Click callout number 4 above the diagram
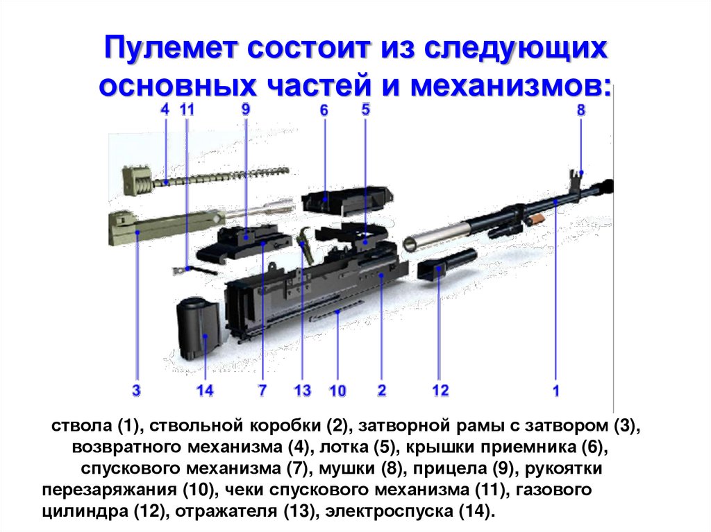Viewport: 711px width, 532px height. coord(165,109)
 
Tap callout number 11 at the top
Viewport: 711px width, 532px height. coord(187,109)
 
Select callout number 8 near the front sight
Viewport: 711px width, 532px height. coord(580,110)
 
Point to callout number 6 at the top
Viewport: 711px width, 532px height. coord(324,111)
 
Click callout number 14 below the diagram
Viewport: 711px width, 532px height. coord(205,391)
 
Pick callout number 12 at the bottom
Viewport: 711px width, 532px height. coord(440,391)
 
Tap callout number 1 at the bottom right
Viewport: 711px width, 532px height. coord(555,391)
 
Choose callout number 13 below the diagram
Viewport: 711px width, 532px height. coord(302,391)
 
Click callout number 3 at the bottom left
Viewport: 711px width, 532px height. coord(137,391)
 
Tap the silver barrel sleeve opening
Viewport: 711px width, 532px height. coord(412,242)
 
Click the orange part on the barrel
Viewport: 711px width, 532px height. coord(534,218)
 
